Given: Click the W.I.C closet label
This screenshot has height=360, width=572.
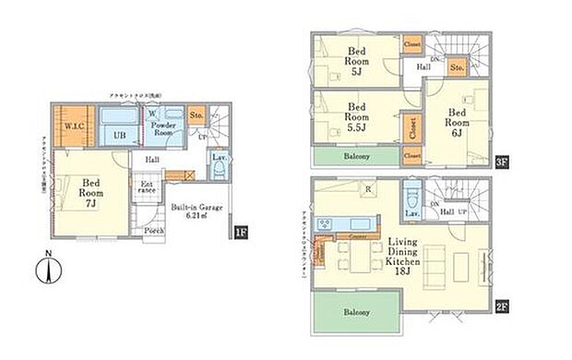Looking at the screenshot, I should click(50, 126).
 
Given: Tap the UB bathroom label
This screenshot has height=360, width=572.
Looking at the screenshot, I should click(119, 135).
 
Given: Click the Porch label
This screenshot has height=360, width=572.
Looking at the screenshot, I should click(154, 230).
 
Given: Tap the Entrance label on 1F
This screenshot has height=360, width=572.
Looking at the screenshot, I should click(148, 189).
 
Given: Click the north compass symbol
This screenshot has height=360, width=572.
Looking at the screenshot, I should click(47, 271).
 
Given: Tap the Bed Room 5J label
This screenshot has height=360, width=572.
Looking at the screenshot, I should click(358, 59).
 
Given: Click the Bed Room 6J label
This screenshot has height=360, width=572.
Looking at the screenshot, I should click(458, 121).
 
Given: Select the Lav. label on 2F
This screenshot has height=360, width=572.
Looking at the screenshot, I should click(411, 213).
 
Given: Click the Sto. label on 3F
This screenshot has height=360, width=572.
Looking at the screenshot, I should click(457, 66).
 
